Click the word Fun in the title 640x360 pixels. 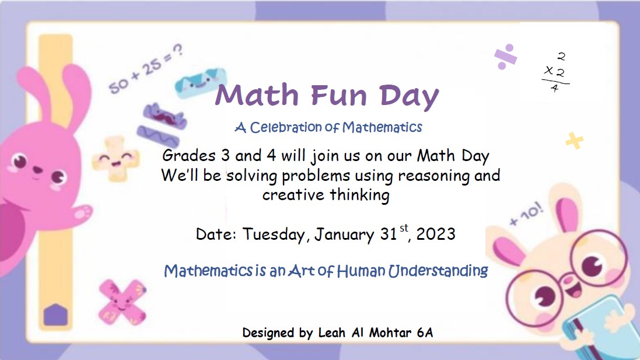(339, 95)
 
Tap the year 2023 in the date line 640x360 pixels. (436, 234)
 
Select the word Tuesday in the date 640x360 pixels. (274, 235)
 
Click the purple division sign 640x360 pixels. (505, 57)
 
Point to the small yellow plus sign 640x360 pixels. (574, 141)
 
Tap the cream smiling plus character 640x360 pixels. (116, 158)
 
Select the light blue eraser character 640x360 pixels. (201, 82)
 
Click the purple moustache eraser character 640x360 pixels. (165, 116)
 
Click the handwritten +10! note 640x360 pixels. (527, 215)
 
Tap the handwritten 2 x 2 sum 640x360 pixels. (555, 73)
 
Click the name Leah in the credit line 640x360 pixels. (332, 333)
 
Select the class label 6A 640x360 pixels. (425, 333)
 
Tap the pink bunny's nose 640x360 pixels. (37, 169)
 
